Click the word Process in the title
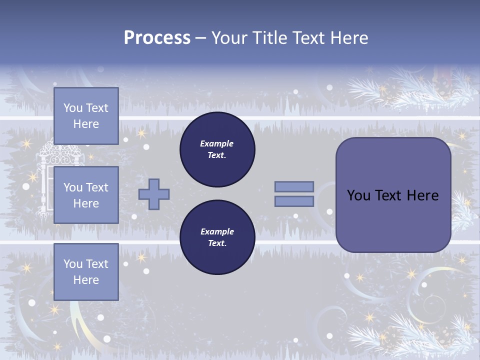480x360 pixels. [157, 38]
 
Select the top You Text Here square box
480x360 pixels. [86, 116]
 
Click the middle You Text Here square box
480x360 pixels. [86, 195]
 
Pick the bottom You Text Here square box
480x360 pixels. [86, 272]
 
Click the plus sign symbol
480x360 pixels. [154, 194]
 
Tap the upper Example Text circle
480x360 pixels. [217, 149]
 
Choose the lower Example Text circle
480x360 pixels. [217, 237]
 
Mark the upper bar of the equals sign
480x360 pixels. [294, 187]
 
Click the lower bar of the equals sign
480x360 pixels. [294, 201]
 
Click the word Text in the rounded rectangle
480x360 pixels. [389, 195]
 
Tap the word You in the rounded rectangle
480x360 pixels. [359, 195]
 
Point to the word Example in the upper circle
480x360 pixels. [217, 143]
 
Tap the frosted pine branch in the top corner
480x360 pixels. [400, 85]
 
